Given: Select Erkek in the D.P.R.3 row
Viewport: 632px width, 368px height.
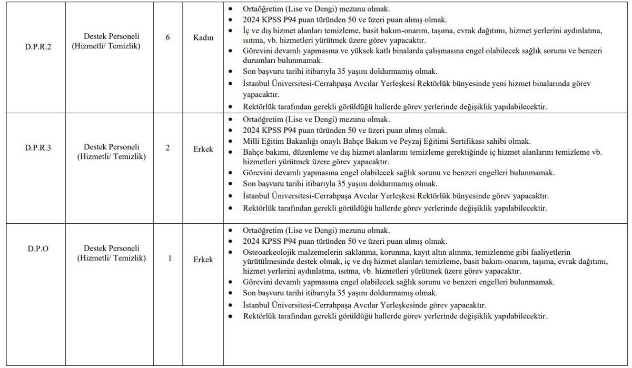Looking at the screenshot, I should click(x=203, y=148).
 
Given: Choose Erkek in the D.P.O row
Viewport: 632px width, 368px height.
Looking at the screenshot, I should click(x=203, y=259).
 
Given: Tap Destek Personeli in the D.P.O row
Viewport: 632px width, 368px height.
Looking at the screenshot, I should click(x=111, y=248).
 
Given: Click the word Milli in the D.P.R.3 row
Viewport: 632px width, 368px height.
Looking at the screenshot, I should click(x=251, y=141).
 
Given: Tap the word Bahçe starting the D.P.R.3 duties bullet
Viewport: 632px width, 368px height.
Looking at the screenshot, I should click(x=253, y=152).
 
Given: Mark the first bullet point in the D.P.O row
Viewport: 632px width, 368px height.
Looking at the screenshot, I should click(x=230, y=231).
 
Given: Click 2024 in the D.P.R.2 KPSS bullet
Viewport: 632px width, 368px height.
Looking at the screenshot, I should click(x=252, y=20).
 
